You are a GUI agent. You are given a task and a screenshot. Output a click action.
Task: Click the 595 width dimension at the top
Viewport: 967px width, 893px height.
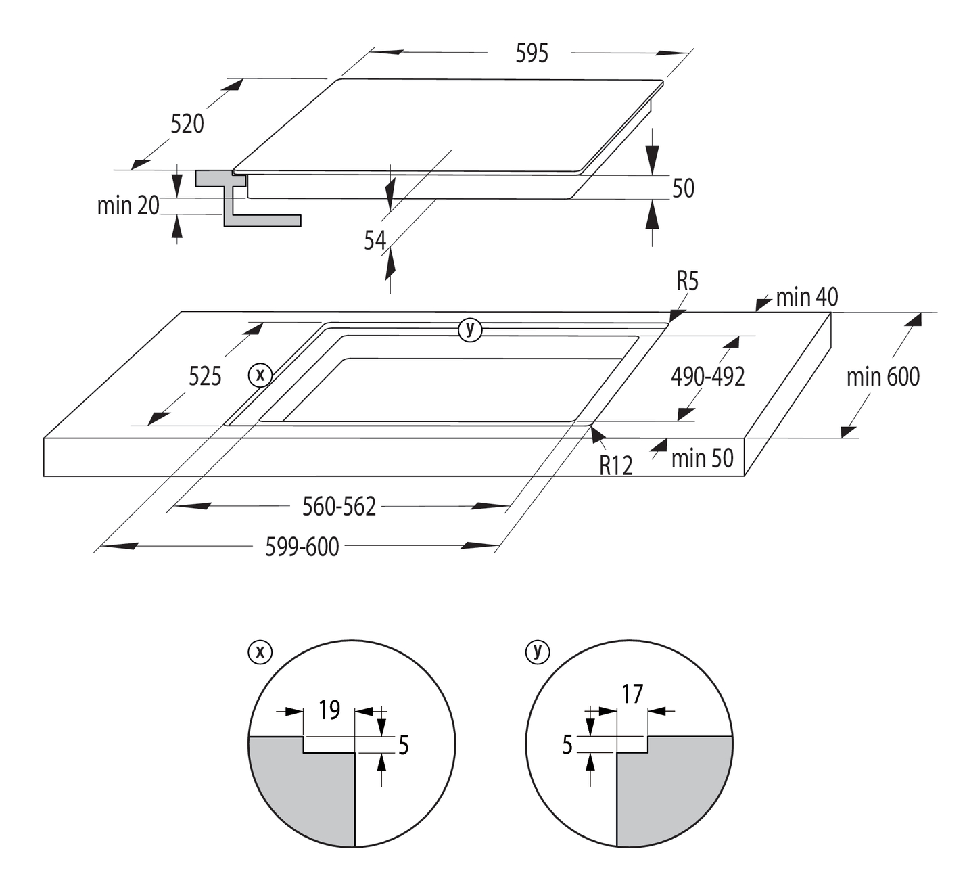(532, 53)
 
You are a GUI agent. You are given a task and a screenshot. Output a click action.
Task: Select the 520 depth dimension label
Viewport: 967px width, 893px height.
(187, 124)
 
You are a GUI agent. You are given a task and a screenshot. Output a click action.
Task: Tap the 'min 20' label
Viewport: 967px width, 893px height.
(128, 206)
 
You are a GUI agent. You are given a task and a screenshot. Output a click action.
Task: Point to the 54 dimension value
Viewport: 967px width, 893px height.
(375, 240)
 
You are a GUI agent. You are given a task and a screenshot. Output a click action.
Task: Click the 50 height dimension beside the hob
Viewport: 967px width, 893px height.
(683, 188)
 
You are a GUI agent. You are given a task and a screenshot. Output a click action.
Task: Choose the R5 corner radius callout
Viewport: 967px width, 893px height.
(687, 281)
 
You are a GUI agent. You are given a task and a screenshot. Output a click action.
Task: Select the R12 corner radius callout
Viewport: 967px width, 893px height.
(616, 465)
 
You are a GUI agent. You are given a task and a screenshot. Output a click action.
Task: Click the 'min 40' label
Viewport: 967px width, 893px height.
(806, 297)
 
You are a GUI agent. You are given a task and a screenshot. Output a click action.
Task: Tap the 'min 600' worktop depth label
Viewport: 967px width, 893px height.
(882, 377)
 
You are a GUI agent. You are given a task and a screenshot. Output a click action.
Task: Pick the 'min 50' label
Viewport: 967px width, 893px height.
(702, 459)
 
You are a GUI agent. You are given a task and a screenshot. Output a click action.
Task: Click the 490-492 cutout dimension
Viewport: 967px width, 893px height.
(707, 377)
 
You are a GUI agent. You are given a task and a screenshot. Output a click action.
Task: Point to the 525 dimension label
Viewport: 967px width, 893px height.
(205, 376)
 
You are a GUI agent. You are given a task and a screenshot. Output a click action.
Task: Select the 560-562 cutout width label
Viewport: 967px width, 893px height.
(339, 506)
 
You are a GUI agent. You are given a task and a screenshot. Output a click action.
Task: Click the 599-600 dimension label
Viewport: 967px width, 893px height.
(302, 547)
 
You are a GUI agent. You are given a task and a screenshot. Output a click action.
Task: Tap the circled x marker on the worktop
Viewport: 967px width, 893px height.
(260, 374)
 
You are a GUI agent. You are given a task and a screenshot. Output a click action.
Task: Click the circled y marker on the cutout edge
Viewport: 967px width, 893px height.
(470, 329)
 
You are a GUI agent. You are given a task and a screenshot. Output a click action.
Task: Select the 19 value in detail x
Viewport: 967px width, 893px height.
(329, 710)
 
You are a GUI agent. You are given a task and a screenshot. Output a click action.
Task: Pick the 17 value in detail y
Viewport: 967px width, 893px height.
(632, 694)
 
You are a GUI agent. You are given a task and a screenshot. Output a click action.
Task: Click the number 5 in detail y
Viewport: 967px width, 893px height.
(567, 745)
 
